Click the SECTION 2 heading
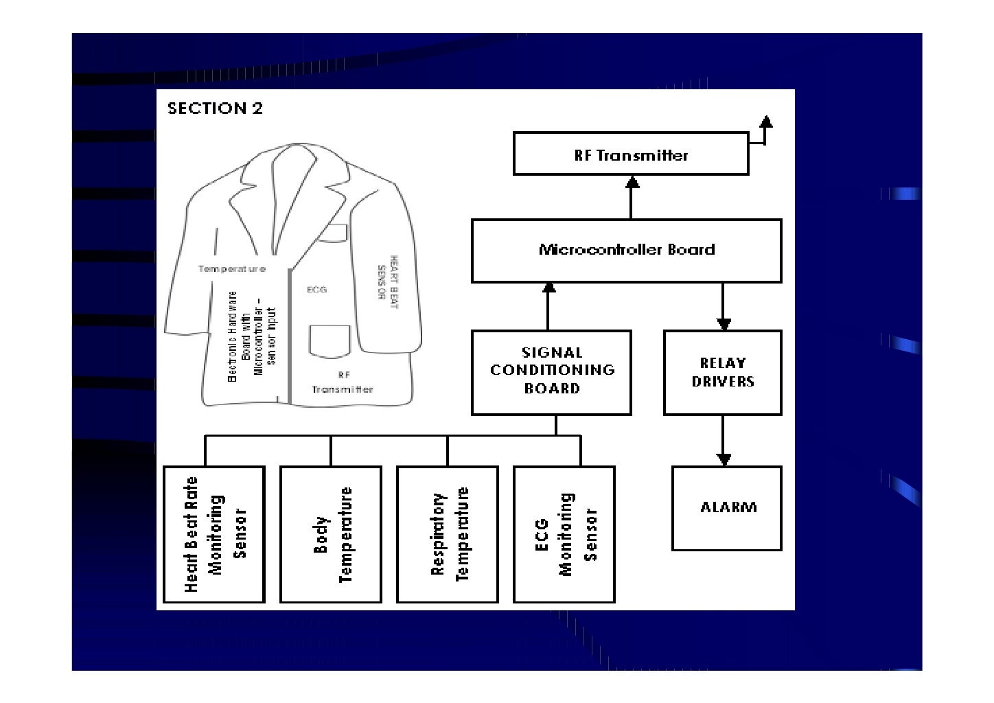point(215,108)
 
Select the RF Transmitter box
point(630,155)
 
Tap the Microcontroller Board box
point(626,251)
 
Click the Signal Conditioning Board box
point(551,372)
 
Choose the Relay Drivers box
point(722,373)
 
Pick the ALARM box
point(726,508)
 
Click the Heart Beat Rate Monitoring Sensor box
point(214,534)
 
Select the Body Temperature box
point(331,534)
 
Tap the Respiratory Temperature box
point(448,534)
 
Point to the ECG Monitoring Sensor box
point(564,534)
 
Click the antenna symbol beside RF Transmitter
point(765,124)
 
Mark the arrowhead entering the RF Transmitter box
point(632,182)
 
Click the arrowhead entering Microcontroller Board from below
point(548,289)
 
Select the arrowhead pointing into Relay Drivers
point(723,324)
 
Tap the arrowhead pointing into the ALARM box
point(723,460)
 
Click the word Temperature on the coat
point(231,269)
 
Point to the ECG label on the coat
point(316,290)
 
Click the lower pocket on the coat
point(330,341)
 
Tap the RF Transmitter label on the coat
point(343,383)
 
